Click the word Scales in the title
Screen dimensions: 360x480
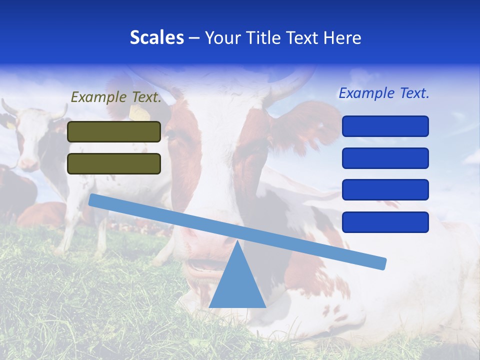tap(156, 37)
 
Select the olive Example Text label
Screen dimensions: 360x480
tap(116, 97)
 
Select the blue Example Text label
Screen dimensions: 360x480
tap(384, 93)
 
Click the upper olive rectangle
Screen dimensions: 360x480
tap(114, 131)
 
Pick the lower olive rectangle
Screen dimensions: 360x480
tap(114, 163)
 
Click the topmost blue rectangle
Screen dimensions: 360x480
tap(385, 126)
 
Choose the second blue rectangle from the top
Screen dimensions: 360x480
tap(385, 158)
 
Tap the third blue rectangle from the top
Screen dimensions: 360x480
tap(385, 190)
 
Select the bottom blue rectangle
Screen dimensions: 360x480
tap(385, 222)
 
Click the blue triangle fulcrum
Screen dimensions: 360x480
tap(237, 285)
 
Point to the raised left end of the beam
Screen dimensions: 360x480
tap(93, 199)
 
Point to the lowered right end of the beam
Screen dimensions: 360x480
tap(382, 263)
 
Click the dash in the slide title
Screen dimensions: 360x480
tap(194, 38)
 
